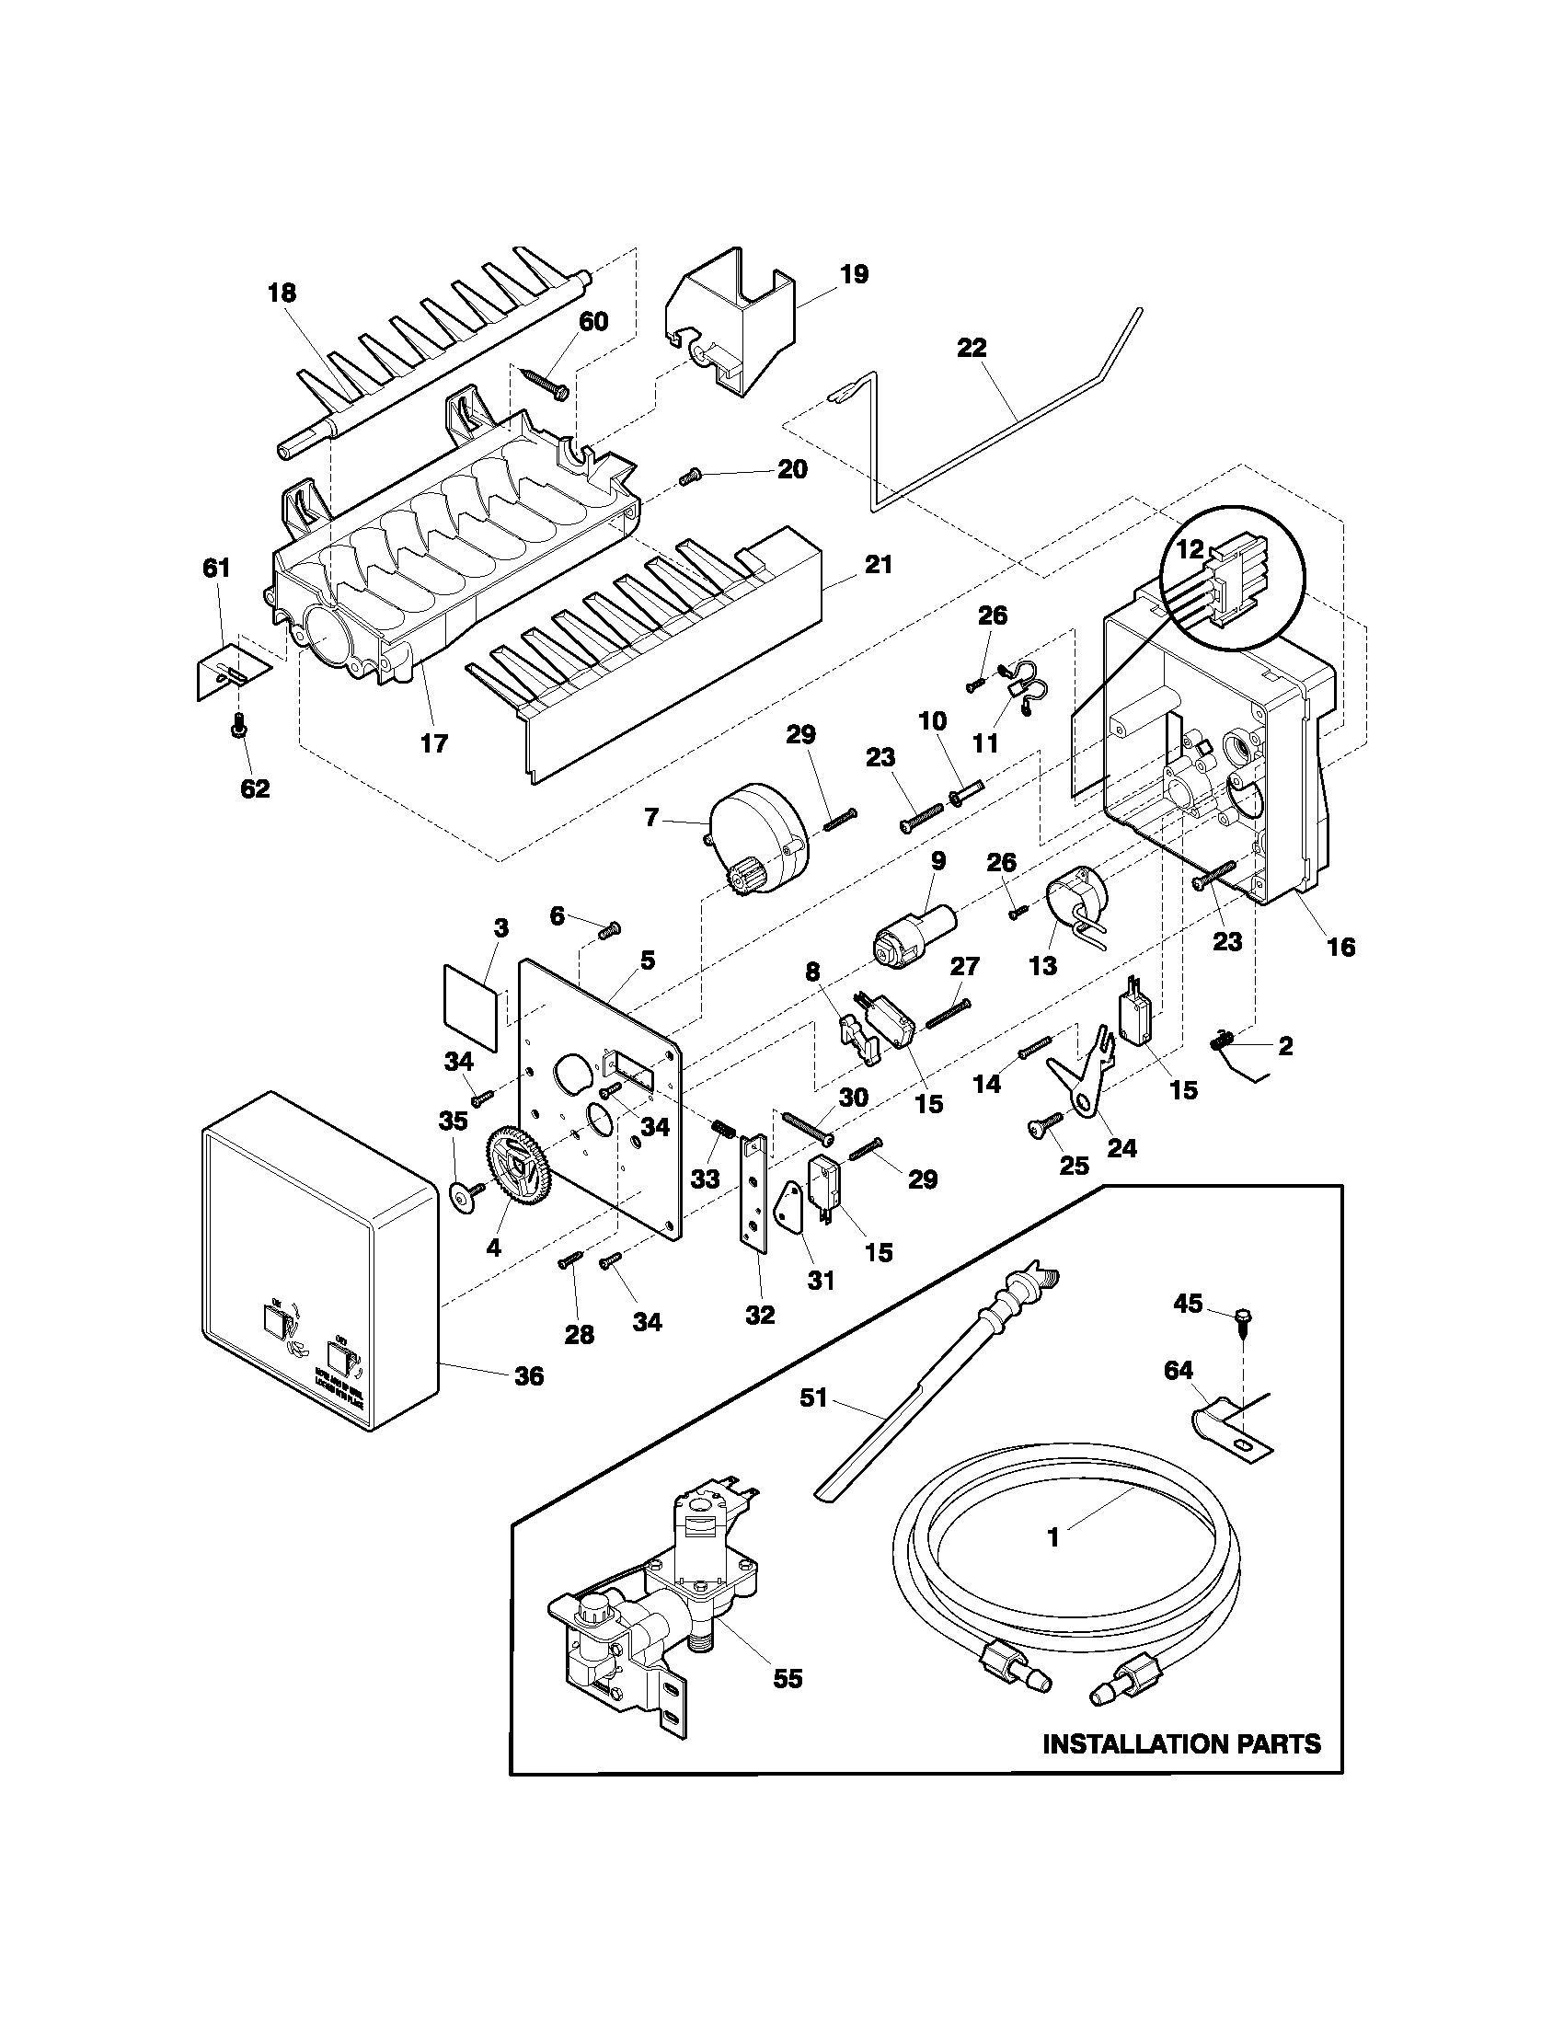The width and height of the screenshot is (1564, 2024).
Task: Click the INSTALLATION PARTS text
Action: tap(1181, 1744)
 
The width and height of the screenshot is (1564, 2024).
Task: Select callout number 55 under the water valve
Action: tap(788, 1678)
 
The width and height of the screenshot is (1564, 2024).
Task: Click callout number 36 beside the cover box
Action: tap(529, 1376)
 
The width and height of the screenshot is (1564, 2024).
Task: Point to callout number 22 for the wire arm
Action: tap(972, 349)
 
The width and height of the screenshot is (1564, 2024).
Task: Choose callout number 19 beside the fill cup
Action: tap(855, 274)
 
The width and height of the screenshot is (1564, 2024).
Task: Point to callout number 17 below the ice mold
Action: tap(433, 742)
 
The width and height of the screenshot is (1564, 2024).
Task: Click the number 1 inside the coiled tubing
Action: tap(1052, 1537)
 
